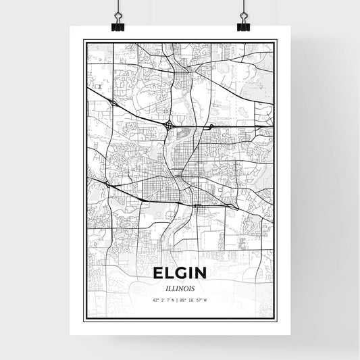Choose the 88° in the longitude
(181, 300)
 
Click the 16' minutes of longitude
(191, 300)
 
